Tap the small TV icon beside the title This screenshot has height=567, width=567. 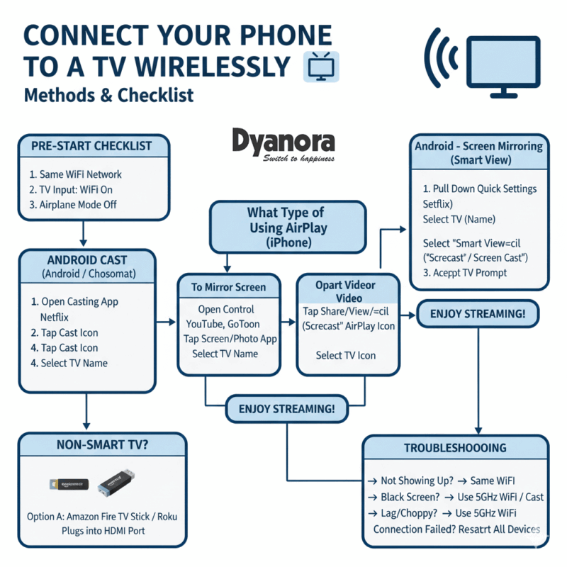321,67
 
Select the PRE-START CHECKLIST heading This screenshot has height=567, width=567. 92,146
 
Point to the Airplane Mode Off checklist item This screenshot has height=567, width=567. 73,205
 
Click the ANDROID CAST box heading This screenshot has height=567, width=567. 87,259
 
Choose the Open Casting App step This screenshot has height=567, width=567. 74,301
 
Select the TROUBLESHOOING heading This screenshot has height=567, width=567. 455,448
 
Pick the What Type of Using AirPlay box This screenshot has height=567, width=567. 287,228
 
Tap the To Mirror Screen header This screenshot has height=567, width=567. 228,287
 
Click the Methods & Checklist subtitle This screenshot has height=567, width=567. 108,95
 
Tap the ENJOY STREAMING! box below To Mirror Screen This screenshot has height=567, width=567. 287,410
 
